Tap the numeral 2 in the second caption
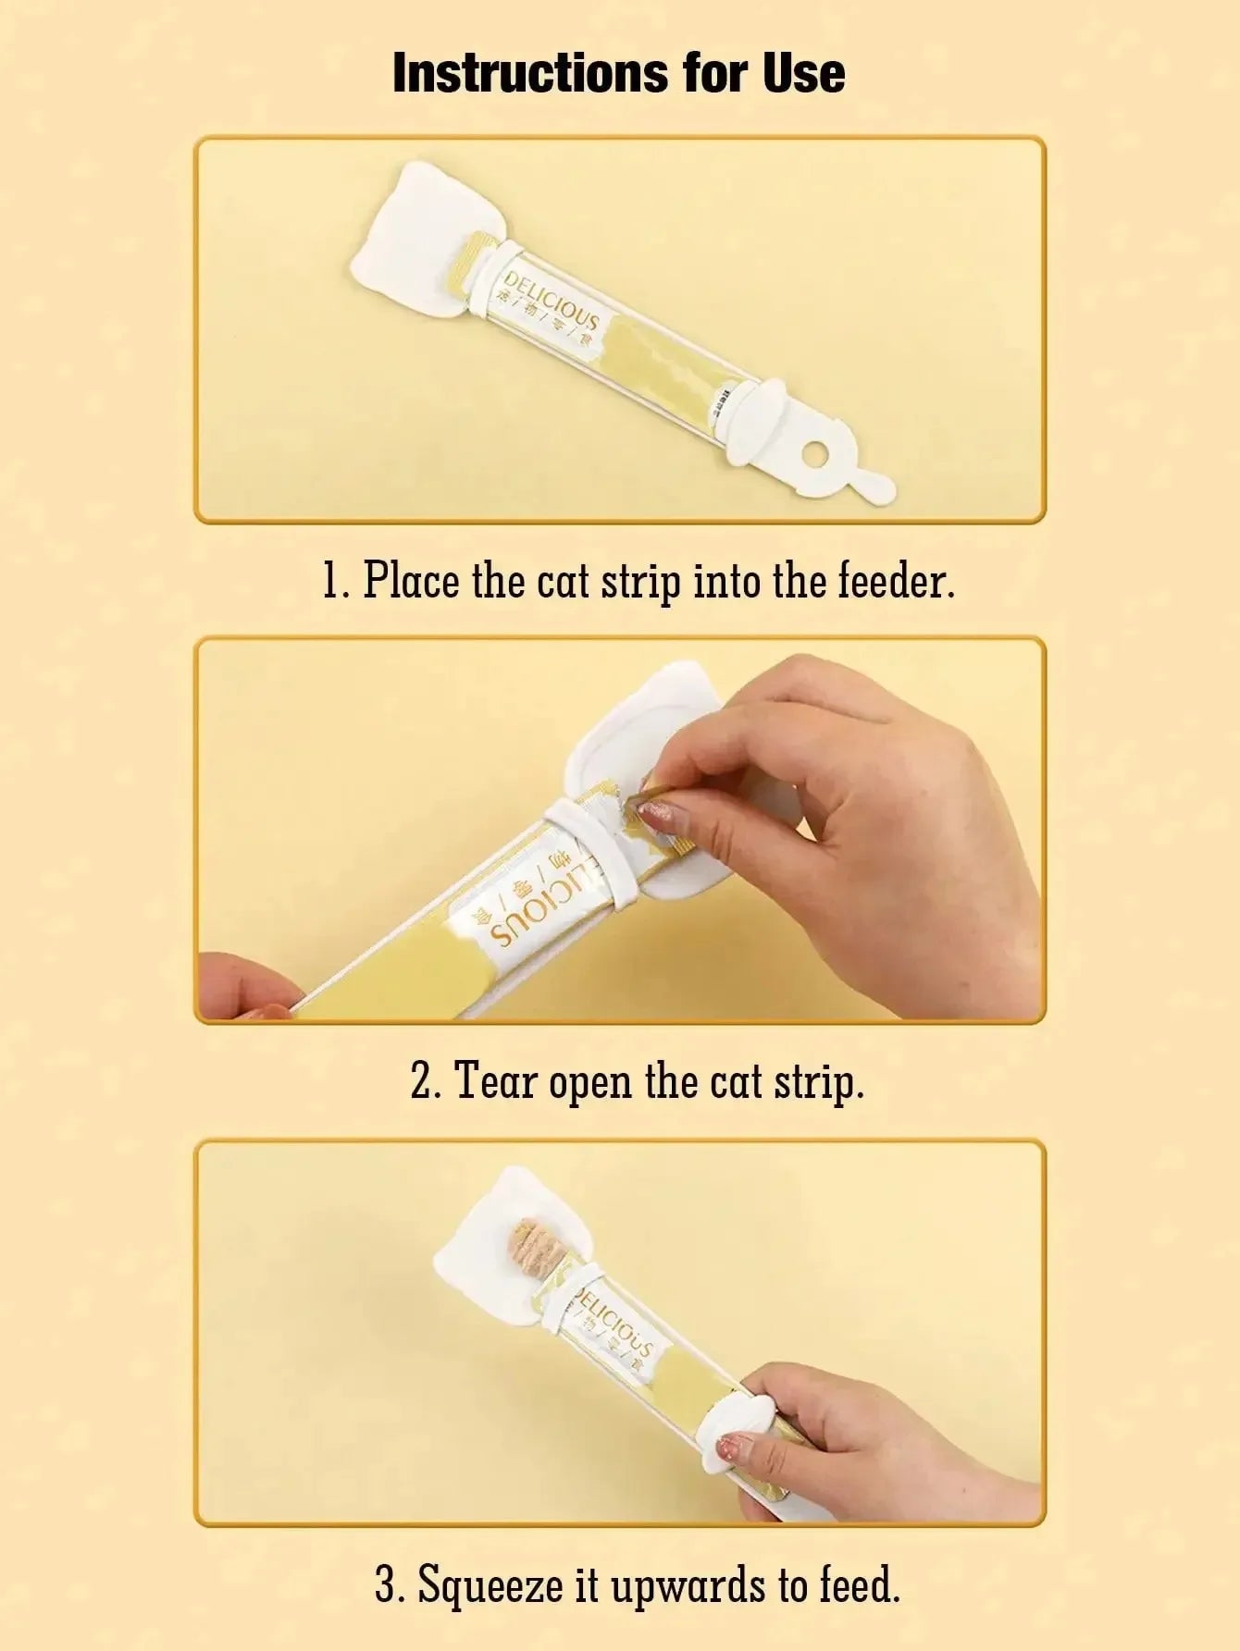tap(420, 1080)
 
